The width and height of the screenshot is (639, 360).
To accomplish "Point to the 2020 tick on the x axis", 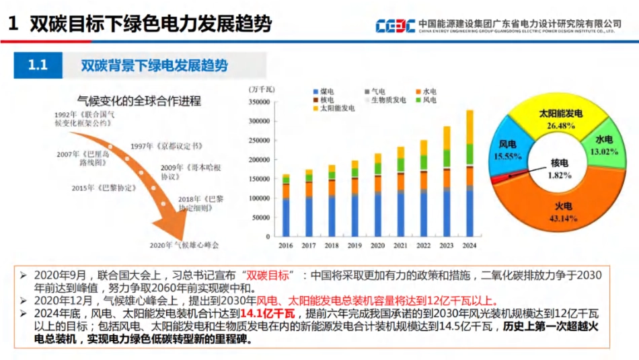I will click(377, 246).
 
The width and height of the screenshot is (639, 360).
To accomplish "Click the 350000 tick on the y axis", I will click(259, 102).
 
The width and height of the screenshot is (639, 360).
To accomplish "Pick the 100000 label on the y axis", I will click(259, 199).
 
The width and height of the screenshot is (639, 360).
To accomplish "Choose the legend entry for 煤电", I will click(324, 92).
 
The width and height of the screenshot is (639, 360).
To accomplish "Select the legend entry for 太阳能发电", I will click(333, 108).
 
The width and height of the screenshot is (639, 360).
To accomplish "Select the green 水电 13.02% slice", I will click(603, 145).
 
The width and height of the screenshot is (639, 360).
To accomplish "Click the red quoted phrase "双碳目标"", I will click(268, 276).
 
